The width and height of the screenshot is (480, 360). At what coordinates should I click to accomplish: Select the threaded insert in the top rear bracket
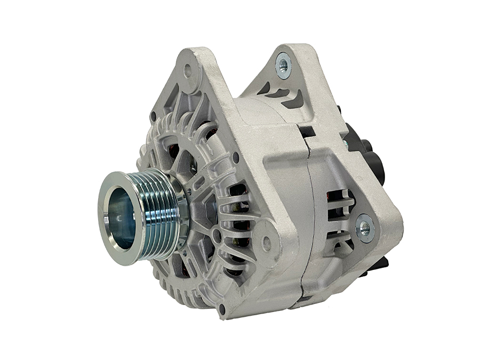point(284,65)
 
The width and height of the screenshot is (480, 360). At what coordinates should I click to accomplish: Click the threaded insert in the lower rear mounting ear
point(365,227)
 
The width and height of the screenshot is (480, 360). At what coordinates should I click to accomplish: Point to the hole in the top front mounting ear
point(188,69)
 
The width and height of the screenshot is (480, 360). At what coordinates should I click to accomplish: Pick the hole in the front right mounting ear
point(267,243)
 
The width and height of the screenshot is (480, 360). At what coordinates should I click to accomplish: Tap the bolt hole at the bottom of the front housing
point(221,308)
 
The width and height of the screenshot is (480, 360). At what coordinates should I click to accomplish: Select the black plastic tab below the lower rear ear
point(380,264)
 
